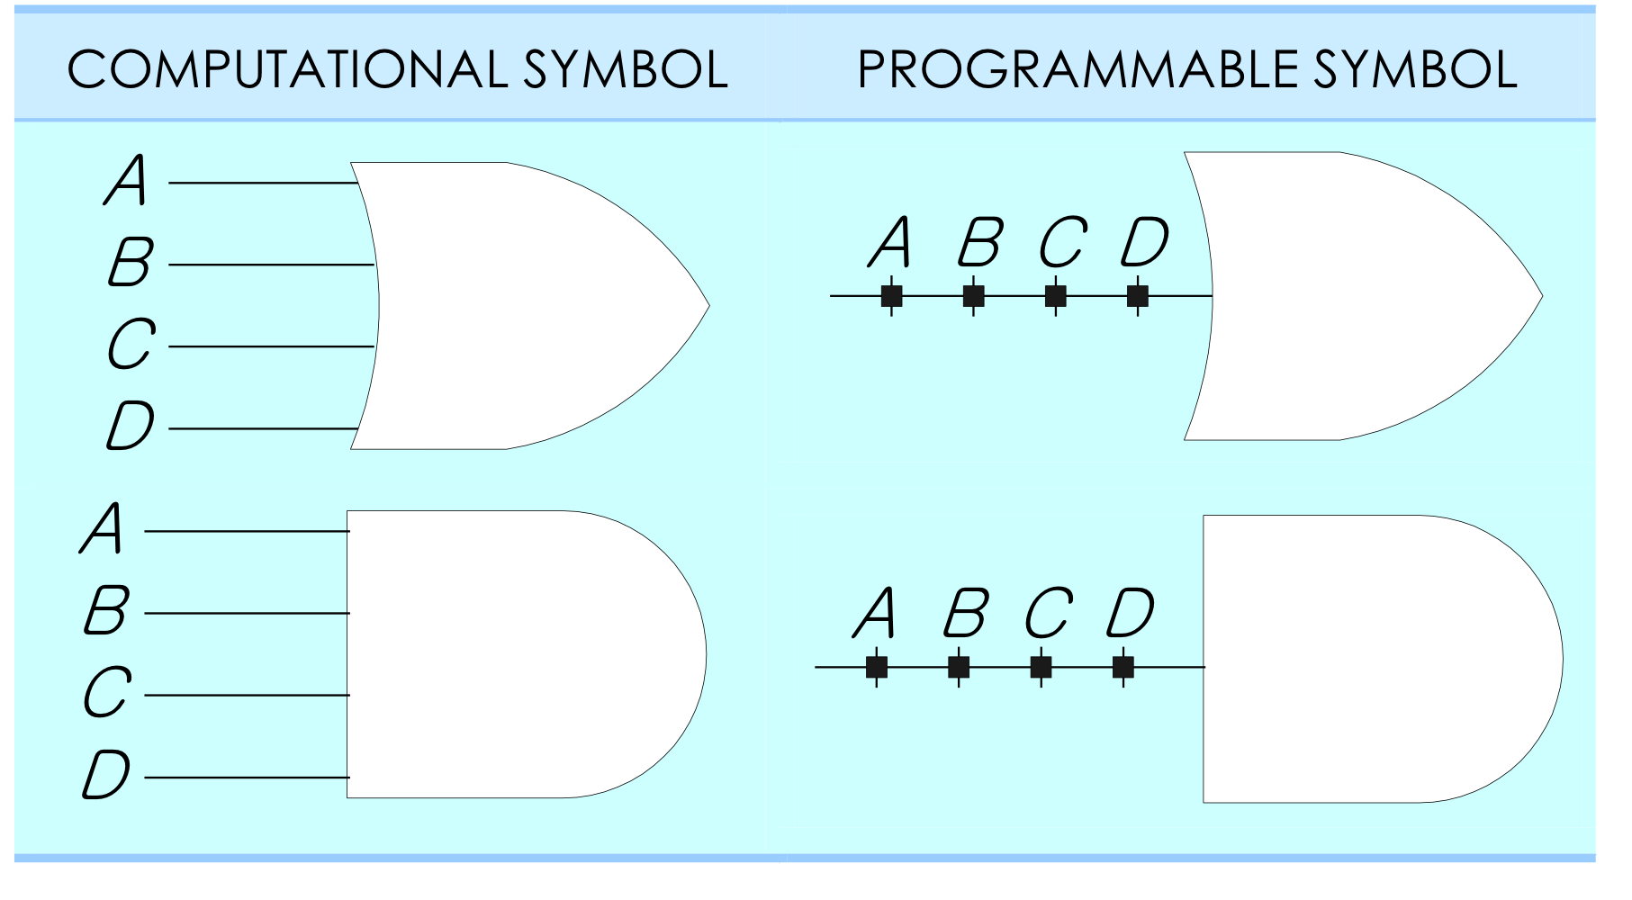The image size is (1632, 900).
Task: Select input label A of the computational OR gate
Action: point(127,181)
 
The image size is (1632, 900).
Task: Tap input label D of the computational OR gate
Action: point(131,426)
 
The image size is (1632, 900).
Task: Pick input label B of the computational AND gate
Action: point(107,611)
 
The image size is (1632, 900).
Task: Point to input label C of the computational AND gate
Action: point(107,693)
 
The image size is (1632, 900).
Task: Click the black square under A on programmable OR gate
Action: point(891,295)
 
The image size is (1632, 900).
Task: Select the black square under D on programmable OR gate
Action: point(1138,295)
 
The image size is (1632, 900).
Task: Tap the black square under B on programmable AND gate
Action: point(959,667)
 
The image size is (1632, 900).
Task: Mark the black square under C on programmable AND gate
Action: point(1041,667)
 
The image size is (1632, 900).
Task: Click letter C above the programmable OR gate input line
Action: point(1063,242)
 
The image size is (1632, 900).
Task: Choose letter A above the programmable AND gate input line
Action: point(876,614)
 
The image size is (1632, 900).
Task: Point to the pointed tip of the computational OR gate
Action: point(707,306)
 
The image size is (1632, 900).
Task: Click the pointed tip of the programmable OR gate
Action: point(1540,296)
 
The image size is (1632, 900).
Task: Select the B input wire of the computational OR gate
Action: point(270,265)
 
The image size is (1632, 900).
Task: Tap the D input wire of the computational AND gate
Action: point(247,778)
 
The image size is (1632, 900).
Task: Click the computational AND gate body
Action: point(522,654)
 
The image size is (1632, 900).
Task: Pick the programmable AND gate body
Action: point(1377,659)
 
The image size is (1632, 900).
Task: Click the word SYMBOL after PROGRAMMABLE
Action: point(1415,70)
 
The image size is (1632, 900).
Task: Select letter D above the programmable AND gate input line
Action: point(1131,614)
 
